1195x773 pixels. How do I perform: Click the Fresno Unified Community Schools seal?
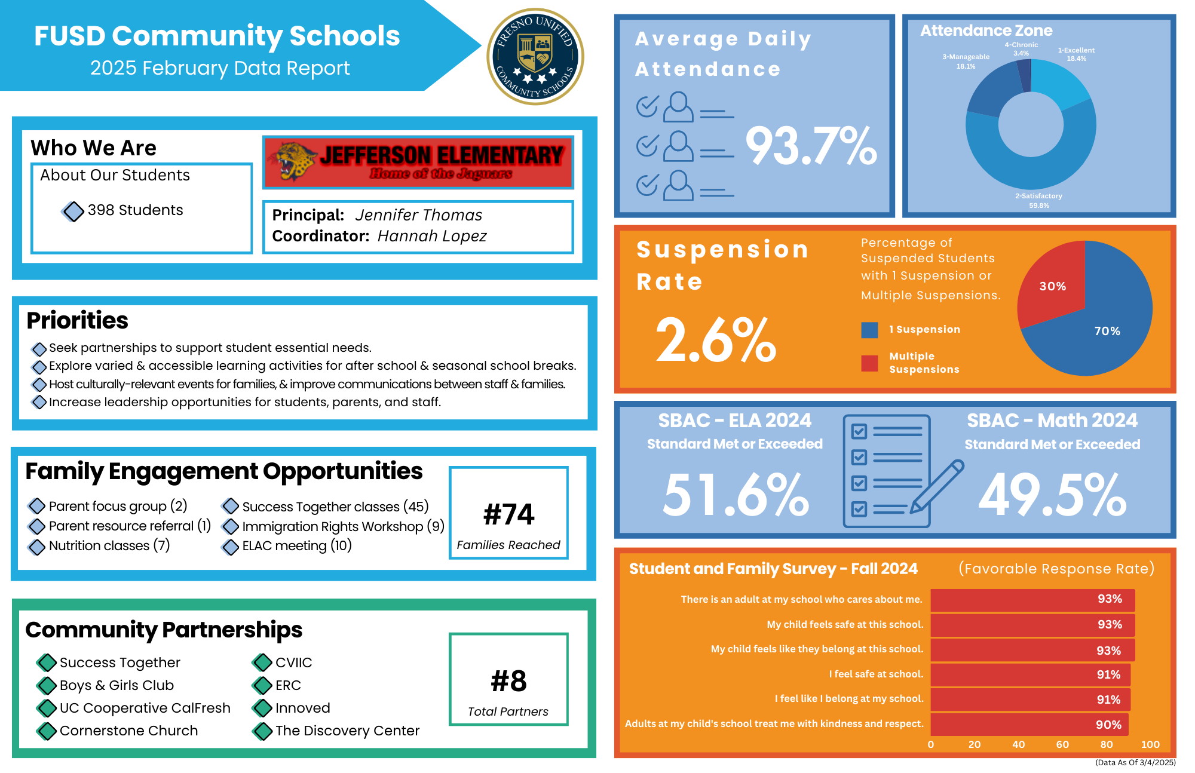click(x=535, y=57)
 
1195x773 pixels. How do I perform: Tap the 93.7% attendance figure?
click(x=811, y=146)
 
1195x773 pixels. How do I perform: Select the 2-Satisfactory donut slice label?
click(x=1038, y=200)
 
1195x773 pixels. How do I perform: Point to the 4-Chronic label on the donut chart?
click(x=1021, y=49)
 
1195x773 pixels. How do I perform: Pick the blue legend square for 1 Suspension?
click(x=869, y=330)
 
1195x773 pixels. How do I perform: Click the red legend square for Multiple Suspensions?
click(x=869, y=363)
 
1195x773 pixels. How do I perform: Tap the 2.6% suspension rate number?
click(x=716, y=341)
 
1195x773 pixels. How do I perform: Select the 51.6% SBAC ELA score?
click(x=736, y=495)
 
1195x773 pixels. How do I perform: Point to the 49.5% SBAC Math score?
click(x=1052, y=495)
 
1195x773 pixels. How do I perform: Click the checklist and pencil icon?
click(x=896, y=471)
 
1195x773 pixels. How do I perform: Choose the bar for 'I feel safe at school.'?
click(x=1030, y=674)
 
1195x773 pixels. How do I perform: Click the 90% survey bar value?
click(x=1108, y=725)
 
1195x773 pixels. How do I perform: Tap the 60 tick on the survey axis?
click(x=1062, y=744)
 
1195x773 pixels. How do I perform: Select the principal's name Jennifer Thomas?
click(x=418, y=215)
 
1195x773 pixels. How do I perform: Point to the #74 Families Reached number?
click(x=508, y=514)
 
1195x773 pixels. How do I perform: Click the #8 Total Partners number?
click(x=508, y=681)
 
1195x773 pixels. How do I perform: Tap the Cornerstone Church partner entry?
click(x=128, y=731)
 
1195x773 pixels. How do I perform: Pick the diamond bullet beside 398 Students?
click(x=73, y=211)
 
